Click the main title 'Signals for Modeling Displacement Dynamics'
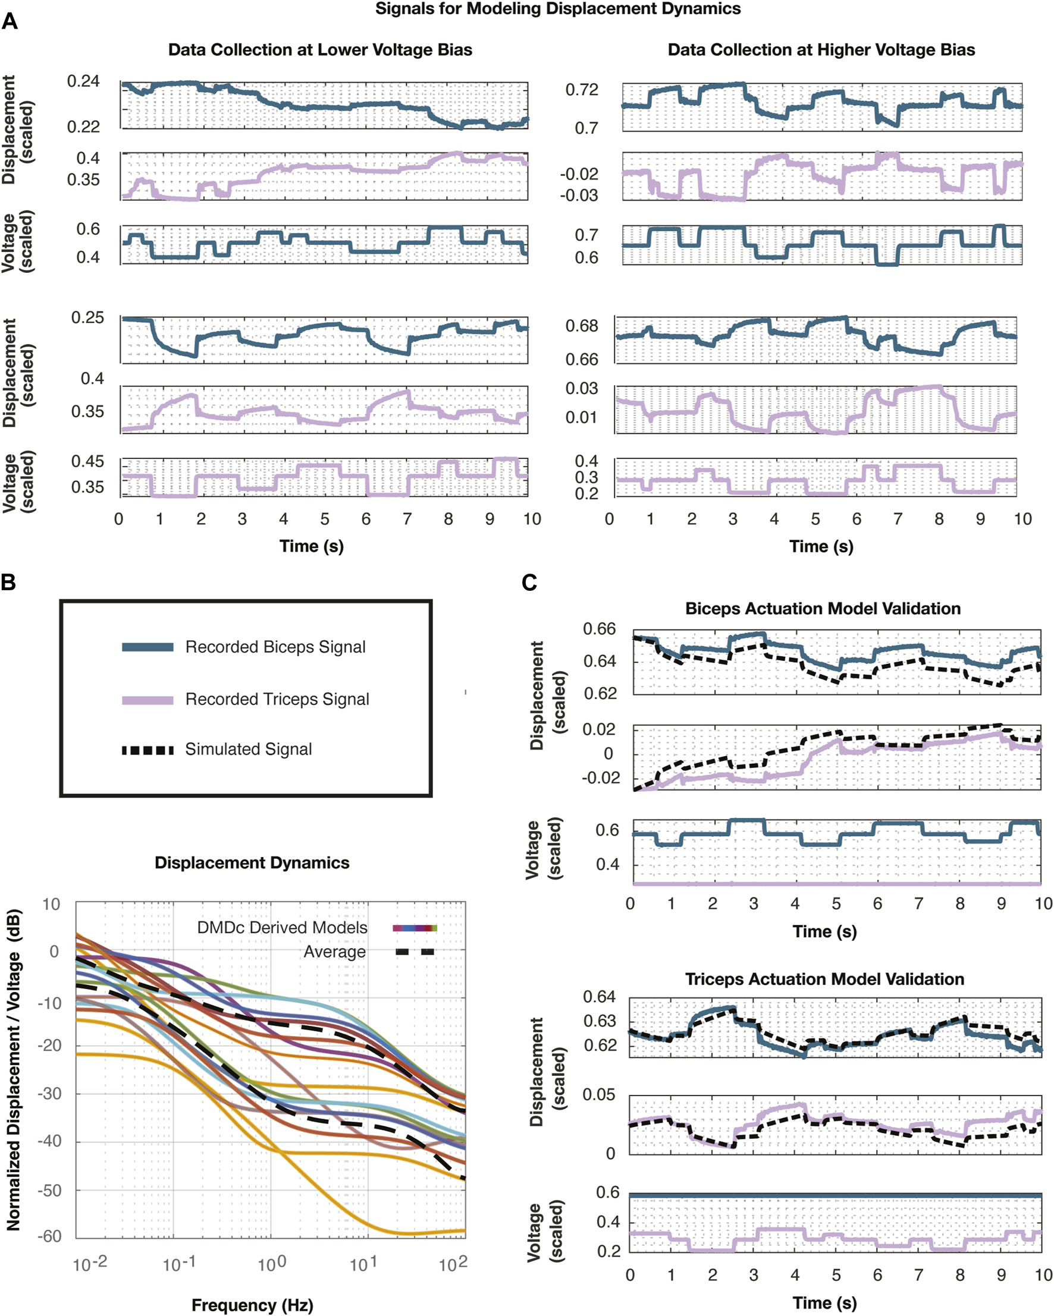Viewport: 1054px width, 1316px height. click(557, 9)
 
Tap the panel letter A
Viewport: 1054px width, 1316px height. click(10, 23)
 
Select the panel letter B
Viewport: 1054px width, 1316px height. click(8, 582)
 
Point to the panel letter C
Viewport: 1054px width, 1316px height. click(529, 583)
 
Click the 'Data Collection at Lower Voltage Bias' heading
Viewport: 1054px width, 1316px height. click(320, 50)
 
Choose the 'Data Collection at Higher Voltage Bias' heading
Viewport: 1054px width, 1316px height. click(821, 50)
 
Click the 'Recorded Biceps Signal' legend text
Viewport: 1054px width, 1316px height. click(275, 647)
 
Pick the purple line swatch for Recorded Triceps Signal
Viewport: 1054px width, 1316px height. click(147, 700)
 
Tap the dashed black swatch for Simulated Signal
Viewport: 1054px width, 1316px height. click(147, 750)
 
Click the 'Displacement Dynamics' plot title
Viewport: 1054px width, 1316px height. click(252, 862)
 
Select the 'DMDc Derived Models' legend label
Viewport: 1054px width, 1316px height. click(282, 928)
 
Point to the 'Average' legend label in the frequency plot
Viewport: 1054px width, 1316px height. click(335, 952)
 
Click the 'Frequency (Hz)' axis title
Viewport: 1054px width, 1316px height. click(252, 1305)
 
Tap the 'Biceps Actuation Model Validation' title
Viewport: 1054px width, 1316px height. click(823, 609)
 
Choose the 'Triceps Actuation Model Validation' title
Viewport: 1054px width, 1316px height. click(824, 979)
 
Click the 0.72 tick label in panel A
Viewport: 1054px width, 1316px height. click(581, 90)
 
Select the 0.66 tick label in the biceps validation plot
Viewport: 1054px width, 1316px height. click(599, 629)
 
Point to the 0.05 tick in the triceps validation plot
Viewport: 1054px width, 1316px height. click(598, 1095)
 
